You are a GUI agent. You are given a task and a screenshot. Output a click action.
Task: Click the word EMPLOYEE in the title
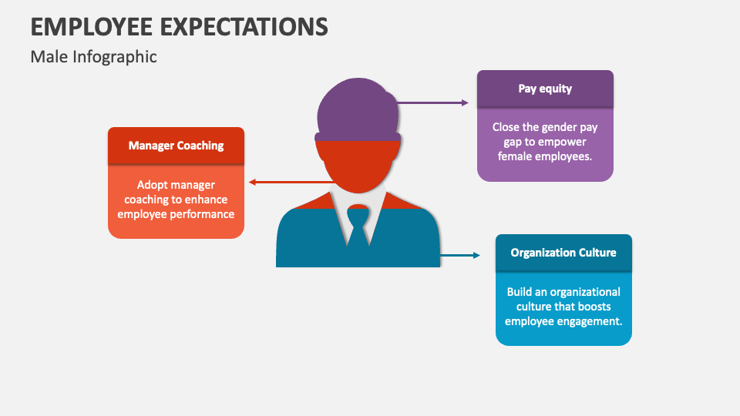(x=92, y=26)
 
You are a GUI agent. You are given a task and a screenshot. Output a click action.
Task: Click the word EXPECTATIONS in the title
(x=244, y=26)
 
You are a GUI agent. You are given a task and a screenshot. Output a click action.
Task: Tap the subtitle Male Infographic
(x=93, y=56)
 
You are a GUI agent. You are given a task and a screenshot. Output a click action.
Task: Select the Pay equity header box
(x=545, y=89)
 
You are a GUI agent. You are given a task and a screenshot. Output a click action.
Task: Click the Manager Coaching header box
(x=176, y=146)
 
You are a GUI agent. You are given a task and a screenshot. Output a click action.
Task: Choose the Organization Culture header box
(x=563, y=253)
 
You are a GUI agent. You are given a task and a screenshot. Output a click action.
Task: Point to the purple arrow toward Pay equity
(x=432, y=102)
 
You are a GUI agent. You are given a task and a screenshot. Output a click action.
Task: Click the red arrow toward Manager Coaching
(x=291, y=182)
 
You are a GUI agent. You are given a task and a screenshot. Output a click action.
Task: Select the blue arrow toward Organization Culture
(x=460, y=255)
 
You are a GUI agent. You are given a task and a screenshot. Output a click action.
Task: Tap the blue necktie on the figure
(x=358, y=226)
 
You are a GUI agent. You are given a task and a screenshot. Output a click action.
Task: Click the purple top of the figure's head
(x=358, y=109)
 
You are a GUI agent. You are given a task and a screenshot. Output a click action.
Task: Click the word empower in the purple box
(x=562, y=142)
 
